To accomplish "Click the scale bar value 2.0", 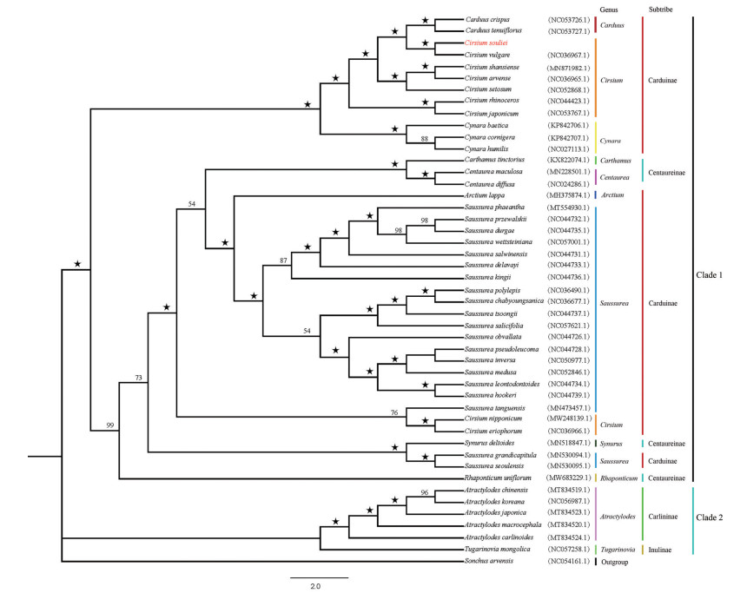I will pos(315,586).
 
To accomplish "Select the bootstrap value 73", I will pos(139,378).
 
